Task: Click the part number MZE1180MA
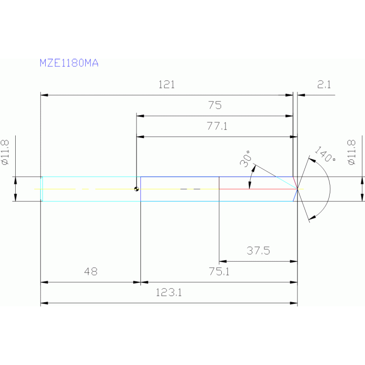(x=69, y=63)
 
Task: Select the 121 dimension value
(x=167, y=85)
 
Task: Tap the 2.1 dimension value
(x=324, y=85)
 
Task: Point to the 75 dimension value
(x=215, y=106)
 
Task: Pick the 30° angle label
(x=246, y=159)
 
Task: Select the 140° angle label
(x=325, y=154)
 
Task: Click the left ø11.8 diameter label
(x=6, y=152)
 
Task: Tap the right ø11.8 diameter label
(x=352, y=152)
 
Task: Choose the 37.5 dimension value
(x=258, y=251)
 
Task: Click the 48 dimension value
(x=90, y=272)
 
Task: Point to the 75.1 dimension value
(x=219, y=272)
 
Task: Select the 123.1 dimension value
(x=169, y=293)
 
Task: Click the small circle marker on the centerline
(x=137, y=189)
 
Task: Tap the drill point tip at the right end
(x=297, y=189)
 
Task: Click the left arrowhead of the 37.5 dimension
(x=222, y=261)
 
